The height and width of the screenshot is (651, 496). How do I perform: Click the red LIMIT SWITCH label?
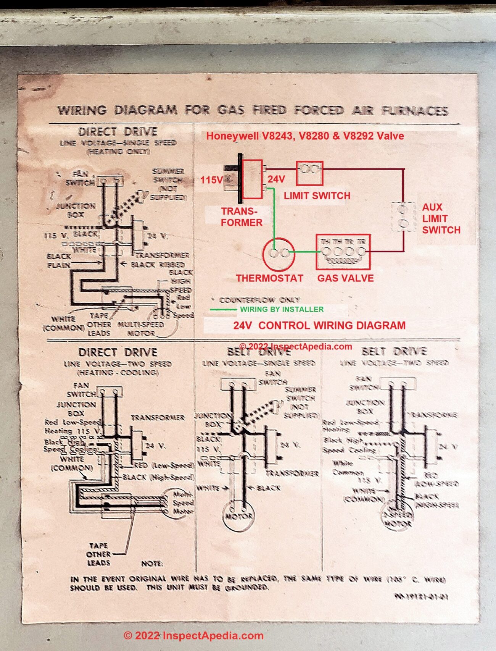click(317, 196)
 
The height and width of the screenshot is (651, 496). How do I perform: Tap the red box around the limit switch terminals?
click(309, 173)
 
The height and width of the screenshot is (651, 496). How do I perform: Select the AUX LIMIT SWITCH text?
click(441, 218)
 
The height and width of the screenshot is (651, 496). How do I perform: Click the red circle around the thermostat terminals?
click(279, 253)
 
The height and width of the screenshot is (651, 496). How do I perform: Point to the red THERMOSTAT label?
click(269, 278)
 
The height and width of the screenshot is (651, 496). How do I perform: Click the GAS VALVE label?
click(345, 278)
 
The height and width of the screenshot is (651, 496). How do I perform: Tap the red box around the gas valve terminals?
click(343, 252)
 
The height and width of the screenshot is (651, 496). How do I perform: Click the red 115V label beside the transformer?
click(211, 180)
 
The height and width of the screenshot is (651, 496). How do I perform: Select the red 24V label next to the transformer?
click(276, 179)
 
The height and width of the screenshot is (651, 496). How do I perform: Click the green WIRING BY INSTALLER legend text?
click(282, 309)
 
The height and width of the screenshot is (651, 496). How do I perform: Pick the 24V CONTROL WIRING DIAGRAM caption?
click(319, 325)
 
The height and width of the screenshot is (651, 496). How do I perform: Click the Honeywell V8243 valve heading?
click(305, 136)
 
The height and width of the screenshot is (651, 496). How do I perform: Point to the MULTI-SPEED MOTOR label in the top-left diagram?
click(140, 329)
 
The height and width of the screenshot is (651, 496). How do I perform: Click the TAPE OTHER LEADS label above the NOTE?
click(98, 554)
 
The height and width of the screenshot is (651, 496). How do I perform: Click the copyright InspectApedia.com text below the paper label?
click(193, 635)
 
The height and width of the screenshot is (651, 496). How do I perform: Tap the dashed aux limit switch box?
click(403, 216)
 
